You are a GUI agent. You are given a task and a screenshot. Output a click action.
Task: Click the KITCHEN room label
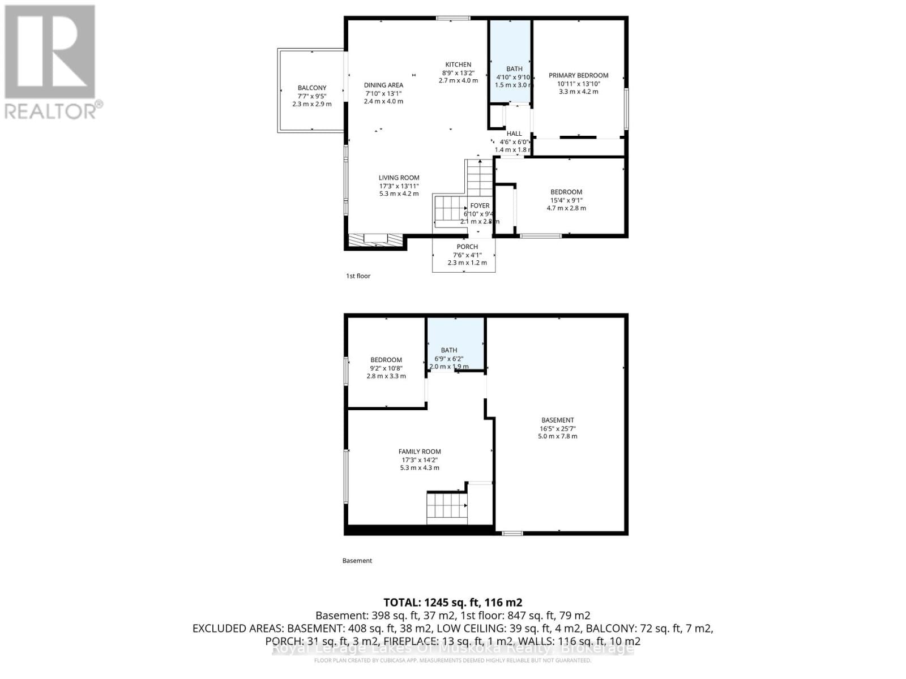pyautogui.click(x=458, y=65)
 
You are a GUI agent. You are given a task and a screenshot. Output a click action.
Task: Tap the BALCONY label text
pyautogui.click(x=312, y=88)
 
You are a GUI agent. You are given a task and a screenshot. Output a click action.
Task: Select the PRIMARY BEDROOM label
pyautogui.click(x=578, y=75)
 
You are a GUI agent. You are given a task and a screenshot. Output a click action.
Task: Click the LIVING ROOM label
pyautogui.click(x=399, y=178)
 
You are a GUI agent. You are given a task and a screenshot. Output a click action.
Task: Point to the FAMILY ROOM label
pyautogui.click(x=420, y=452)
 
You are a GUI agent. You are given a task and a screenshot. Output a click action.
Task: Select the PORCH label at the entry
pyautogui.click(x=467, y=247)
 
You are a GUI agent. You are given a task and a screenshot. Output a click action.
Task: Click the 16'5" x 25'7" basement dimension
pyautogui.click(x=558, y=428)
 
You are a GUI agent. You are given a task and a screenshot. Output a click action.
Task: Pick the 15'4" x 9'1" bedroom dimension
pyautogui.click(x=566, y=200)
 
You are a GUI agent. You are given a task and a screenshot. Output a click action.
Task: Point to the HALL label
pyautogui.click(x=514, y=134)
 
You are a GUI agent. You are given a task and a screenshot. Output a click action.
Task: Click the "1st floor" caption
pyautogui.click(x=358, y=276)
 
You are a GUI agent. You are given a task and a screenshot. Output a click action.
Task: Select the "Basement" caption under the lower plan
pyautogui.click(x=357, y=561)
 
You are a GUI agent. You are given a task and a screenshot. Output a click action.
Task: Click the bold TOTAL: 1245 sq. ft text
pyautogui.click(x=452, y=602)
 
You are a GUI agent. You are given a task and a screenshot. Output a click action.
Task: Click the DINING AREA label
pyautogui.click(x=383, y=85)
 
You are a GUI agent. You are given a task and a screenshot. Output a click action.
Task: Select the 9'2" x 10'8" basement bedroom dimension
pyautogui.click(x=386, y=368)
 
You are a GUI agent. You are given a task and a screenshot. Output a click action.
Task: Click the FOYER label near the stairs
pyautogui.click(x=480, y=206)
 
